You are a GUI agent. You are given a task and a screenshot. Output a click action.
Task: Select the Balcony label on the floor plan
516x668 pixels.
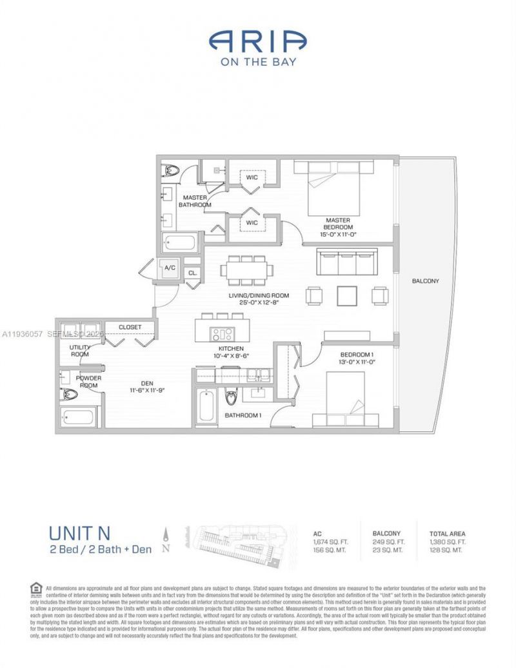425,281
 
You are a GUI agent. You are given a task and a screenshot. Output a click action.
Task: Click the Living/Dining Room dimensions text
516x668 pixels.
258,303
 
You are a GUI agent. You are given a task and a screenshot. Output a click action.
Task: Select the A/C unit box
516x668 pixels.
170,268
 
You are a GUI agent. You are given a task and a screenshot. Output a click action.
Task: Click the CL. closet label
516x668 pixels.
192,273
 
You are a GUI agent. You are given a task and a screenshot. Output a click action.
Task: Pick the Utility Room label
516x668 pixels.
80,351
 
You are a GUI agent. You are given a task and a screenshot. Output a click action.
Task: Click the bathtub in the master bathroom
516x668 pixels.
180,243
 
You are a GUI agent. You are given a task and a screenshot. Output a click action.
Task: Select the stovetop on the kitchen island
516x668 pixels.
224,334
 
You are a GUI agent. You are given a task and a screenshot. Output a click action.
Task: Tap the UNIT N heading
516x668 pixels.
79,533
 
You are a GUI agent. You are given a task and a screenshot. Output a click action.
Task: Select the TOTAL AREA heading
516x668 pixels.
447,534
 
